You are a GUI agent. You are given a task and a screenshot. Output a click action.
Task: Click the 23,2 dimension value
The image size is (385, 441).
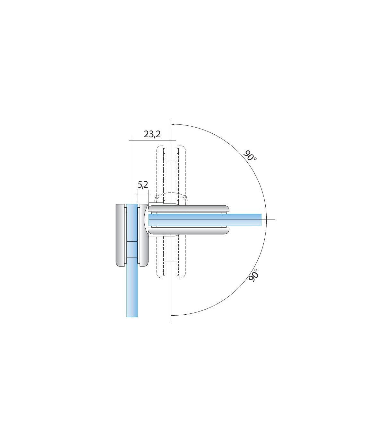pyautogui.click(x=152, y=134)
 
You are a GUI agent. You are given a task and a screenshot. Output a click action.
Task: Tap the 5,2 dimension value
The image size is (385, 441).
pyautogui.click(x=143, y=185)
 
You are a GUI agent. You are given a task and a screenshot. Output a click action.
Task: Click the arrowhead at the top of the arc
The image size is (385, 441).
pyautogui.click(x=173, y=124)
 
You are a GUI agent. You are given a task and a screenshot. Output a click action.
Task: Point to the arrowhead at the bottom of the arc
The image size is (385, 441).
pyautogui.click(x=173, y=316)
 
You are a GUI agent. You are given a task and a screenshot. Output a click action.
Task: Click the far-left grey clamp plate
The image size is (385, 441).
pyautogui.click(x=120, y=235)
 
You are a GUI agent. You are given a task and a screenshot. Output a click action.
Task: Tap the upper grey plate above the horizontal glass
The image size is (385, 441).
pyautogui.click(x=189, y=209)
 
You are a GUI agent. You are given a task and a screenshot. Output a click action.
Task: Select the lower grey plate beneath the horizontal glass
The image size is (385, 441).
pyautogui.click(x=189, y=231)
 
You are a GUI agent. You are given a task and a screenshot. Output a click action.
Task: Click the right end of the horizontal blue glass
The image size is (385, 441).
pyautogui.click(x=261, y=220)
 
